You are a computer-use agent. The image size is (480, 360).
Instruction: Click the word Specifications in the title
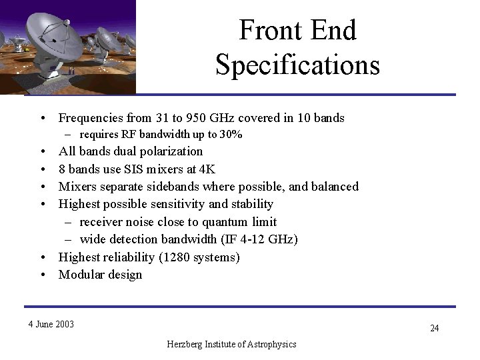(297, 65)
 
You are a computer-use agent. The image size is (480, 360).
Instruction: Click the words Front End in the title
(297, 31)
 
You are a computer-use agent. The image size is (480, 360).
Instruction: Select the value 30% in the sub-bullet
(231, 135)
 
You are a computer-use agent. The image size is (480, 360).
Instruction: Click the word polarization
(169, 151)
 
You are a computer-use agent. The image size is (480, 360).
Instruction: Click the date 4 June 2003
(51, 325)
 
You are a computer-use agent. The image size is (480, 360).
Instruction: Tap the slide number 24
(434, 328)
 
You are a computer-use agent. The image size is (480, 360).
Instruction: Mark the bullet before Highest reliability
(42, 257)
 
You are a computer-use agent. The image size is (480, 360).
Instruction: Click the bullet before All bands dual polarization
(42, 152)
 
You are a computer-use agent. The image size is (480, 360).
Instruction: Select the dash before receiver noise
(69, 222)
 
